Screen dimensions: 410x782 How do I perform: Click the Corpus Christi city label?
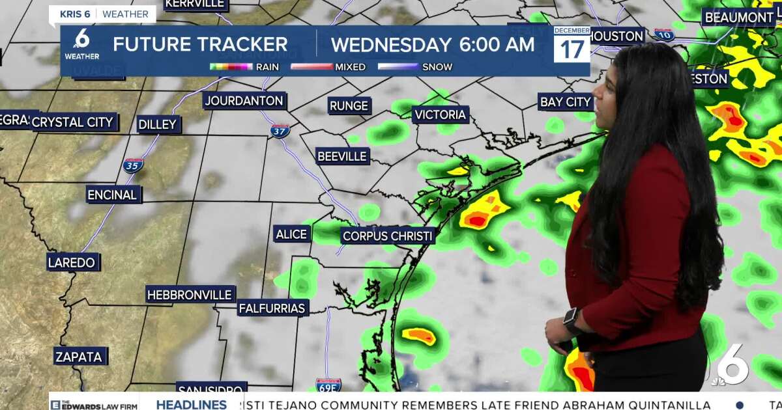pos(388,236)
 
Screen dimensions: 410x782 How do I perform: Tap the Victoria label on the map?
pos(441,115)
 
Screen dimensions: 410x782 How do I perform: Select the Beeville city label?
pos(342,156)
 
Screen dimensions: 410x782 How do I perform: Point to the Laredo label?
pos(72,263)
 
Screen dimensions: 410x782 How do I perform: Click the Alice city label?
pos(291,234)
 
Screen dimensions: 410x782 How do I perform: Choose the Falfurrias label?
pos(272,308)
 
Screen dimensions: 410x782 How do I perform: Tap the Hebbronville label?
pos(190,295)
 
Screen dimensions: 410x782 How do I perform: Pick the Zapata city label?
pos(79,357)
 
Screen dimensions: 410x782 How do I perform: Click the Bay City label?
pos(565,102)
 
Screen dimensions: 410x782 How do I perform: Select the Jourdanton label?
pos(244,101)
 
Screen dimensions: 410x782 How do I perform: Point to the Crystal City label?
pos(72,122)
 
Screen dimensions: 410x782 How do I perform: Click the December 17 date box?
pos(572,45)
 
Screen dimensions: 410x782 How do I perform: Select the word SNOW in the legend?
pos(437,67)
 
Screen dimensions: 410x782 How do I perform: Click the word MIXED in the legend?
pos(350,67)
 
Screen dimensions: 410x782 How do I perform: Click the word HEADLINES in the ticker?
pos(192,404)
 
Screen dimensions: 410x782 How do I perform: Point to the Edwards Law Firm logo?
pos(95,404)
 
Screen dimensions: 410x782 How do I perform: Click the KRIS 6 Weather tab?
pos(103,14)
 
